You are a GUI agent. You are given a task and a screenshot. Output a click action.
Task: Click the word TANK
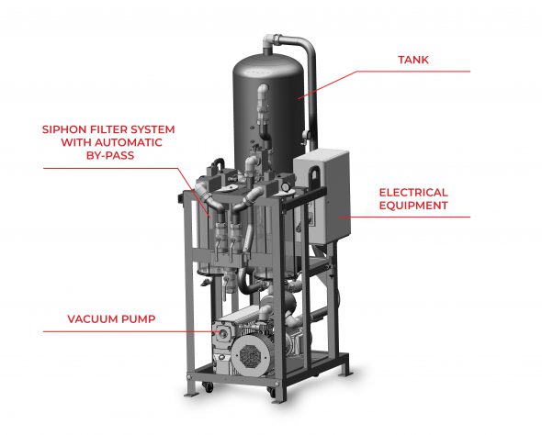click(413, 60)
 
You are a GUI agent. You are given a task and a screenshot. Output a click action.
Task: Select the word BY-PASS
click(110, 155)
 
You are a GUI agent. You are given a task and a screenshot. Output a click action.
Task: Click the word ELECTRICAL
click(413, 193)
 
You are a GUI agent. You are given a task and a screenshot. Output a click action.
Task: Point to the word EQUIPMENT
click(413, 206)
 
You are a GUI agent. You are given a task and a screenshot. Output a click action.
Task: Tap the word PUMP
click(139, 318)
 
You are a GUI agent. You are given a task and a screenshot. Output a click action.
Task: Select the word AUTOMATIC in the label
click(129, 142)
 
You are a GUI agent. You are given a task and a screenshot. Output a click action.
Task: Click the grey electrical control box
click(322, 196)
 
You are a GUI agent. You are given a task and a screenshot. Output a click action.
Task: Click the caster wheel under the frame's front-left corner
click(207, 387)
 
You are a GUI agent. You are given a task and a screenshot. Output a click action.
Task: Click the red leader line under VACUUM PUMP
click(131, 332)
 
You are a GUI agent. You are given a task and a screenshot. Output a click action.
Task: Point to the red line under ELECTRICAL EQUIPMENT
click(404, 217)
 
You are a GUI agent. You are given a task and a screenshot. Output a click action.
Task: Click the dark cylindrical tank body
click(268, 110)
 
